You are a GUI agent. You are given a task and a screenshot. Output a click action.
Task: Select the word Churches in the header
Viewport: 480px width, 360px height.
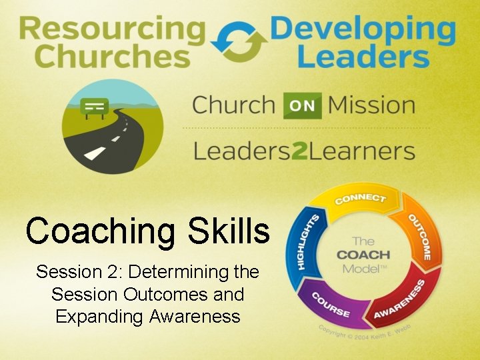pyautogui.click(x=112, y=57)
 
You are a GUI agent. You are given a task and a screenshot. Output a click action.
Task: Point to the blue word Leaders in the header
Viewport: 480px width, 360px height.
pyautogui.click(x=363, y=57)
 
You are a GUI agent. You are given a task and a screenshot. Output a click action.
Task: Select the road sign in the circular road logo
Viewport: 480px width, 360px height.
pyautogui.click(x=94, y=107)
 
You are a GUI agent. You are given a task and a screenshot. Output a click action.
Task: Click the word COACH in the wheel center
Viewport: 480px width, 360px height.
pyautogui.click(x=364, y=255)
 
